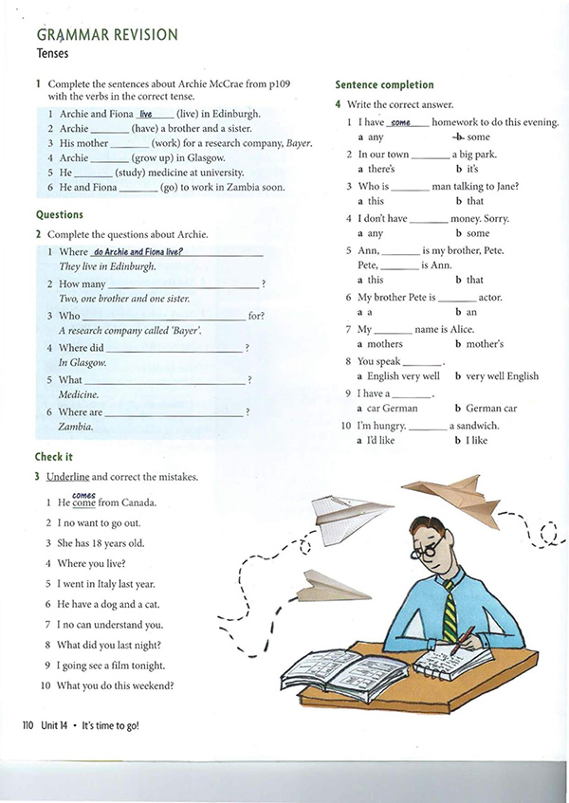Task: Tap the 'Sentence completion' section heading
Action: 384,85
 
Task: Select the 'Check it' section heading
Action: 53,457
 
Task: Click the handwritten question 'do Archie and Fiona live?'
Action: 138,251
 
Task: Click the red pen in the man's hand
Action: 463,644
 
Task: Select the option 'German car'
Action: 491,409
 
